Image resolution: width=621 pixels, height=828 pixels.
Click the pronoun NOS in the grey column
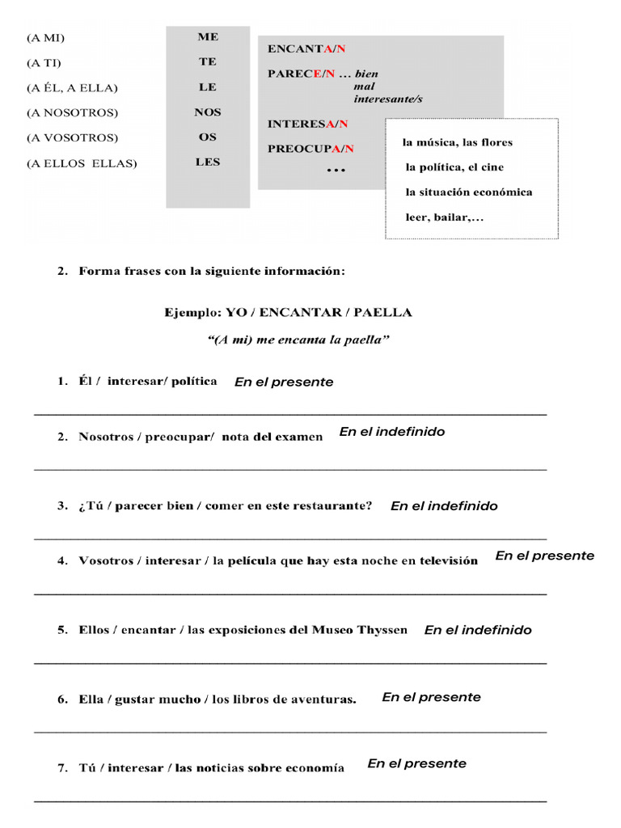tap(208, 112)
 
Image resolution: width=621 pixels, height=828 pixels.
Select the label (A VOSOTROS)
tap(72, 137)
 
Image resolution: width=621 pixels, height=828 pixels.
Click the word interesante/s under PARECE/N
tap(388, 99)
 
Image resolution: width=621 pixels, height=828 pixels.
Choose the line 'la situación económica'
tap(469, 192)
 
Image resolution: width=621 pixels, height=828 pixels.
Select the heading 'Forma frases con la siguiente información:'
tap(212, 272)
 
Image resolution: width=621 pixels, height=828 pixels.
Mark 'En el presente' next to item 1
tap(283, 382)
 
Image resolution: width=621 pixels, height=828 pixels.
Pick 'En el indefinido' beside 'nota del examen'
tap(391, 432)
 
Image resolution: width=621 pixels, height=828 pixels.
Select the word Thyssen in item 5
tap(383, 630)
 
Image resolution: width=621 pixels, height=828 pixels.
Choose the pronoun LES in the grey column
tap(208, 162)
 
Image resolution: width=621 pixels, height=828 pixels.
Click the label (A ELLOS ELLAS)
tap(82, 163)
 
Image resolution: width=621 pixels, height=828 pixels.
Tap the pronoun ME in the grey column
tap(208, 37)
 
